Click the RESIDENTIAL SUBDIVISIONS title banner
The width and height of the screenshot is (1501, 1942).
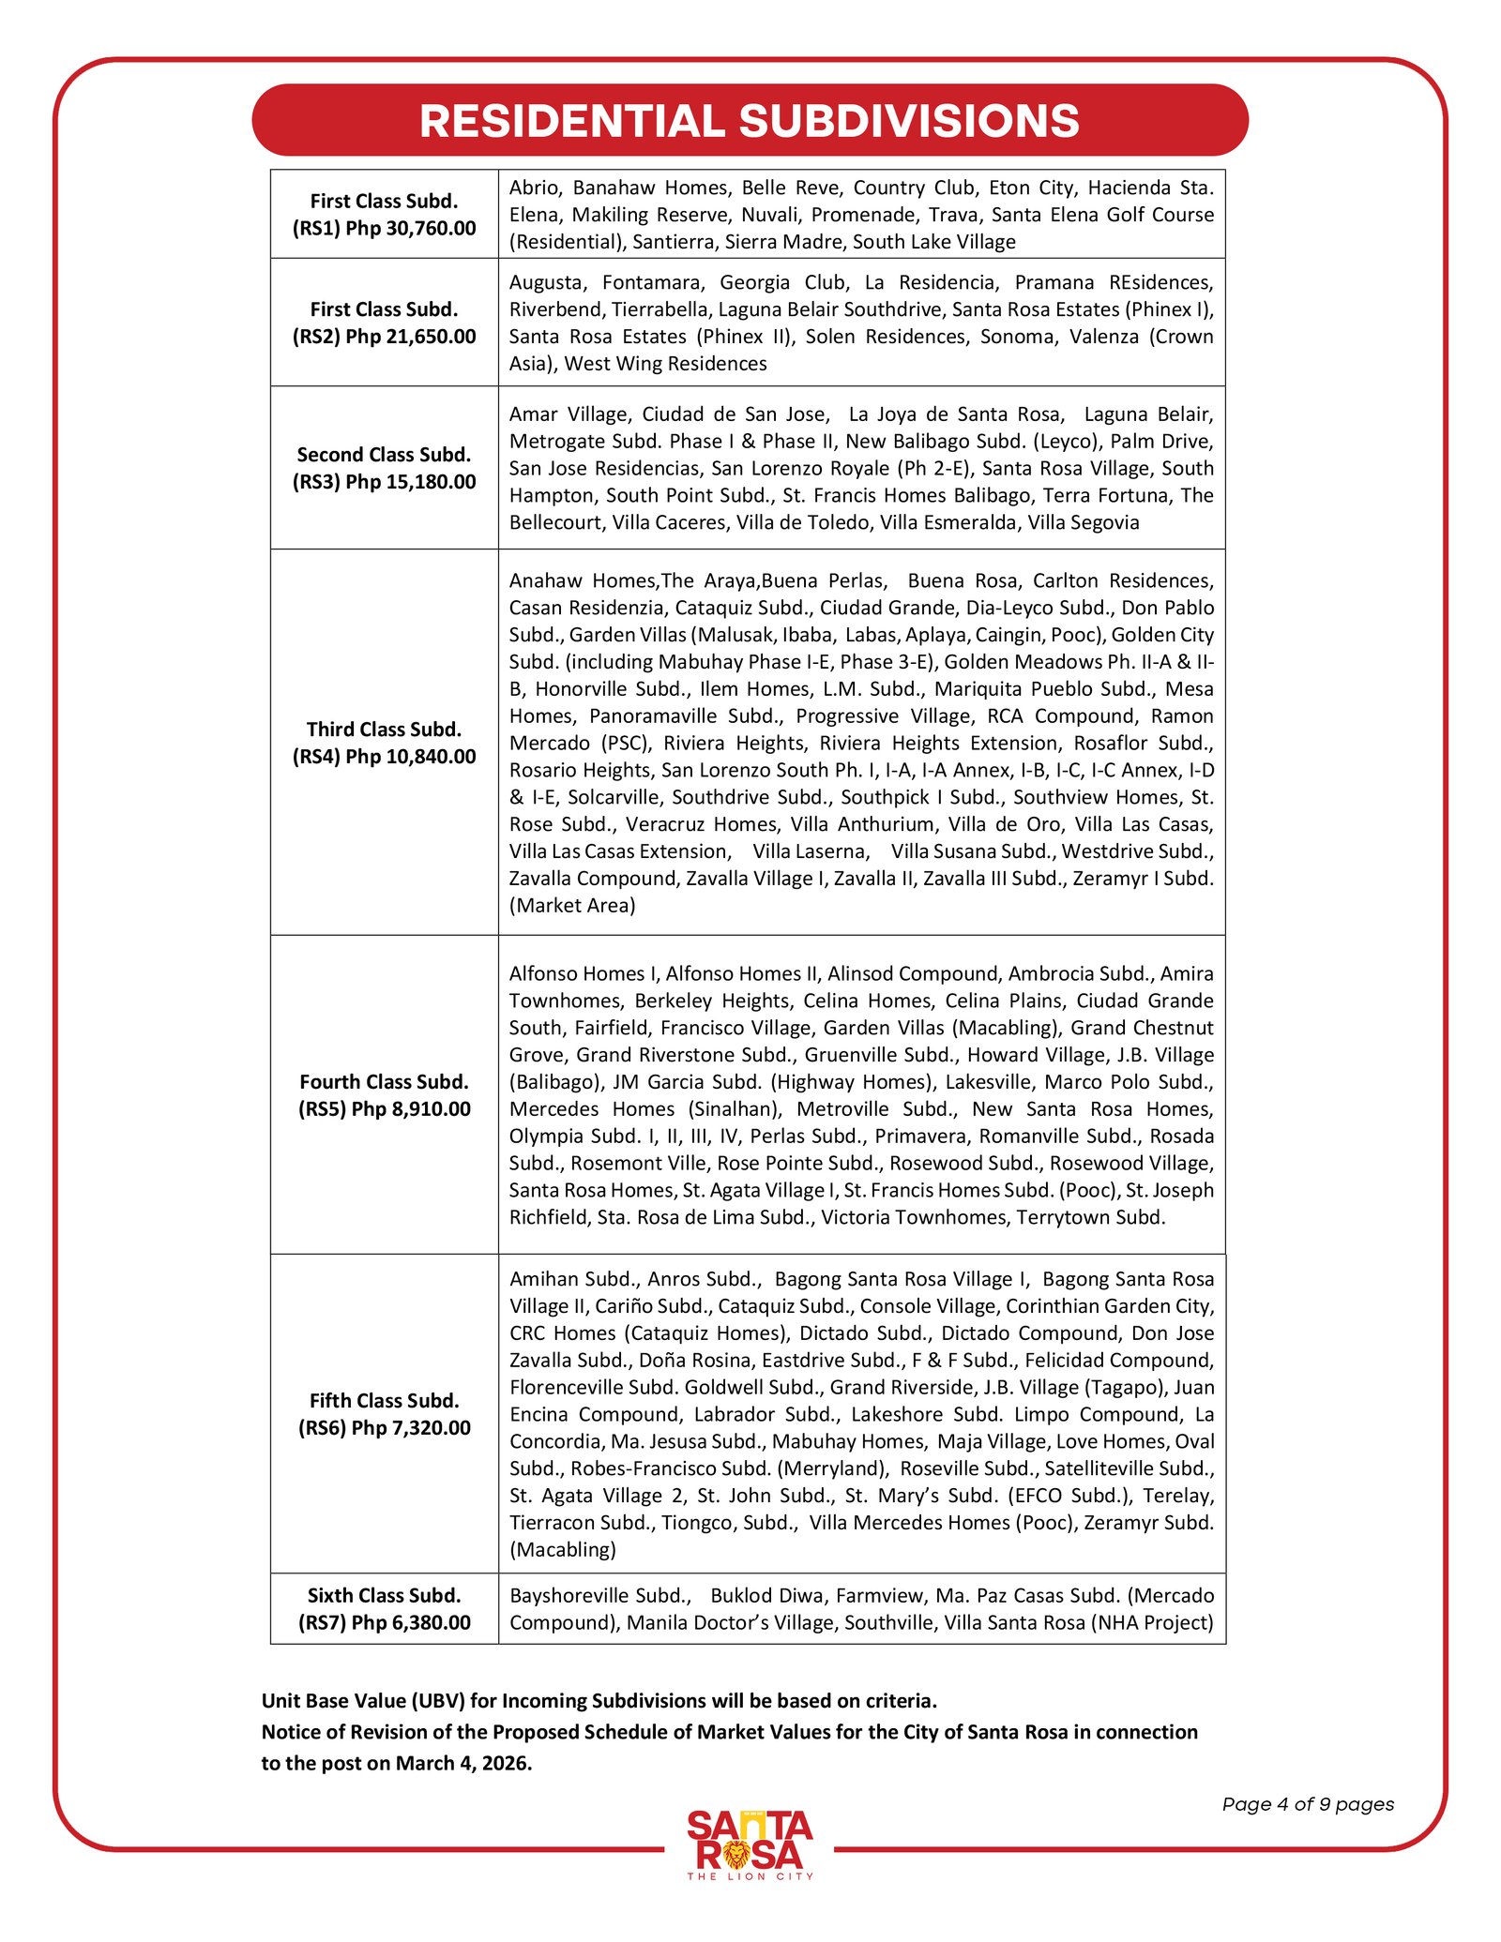pos(750,120)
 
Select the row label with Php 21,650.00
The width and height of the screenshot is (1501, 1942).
pos(384,323)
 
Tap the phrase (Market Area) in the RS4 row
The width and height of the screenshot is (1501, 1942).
pos(572,906)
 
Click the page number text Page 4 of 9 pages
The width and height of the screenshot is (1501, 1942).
pos(1308,1804)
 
